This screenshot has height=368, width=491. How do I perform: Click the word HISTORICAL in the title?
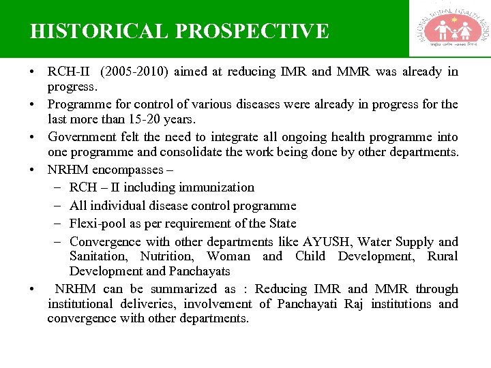click(100, 31)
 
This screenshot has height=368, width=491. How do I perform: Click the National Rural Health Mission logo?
click(449, 29)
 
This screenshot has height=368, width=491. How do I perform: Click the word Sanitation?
click(98, 256)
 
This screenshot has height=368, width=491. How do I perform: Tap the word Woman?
click(228, 256)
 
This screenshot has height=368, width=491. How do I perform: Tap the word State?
click(282, 224)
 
